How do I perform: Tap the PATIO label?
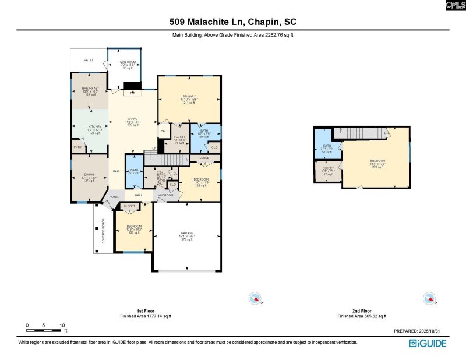(x=88, y=60)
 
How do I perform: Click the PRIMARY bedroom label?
(x=189, y=96)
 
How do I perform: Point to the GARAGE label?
(x=187, y=233)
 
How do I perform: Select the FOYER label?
(x=115, y=197)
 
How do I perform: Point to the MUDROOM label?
(x=165, y=195)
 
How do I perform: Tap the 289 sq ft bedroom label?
(x=377, y=161)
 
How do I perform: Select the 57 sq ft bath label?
(x=327, y=149)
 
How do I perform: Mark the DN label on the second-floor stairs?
(x=387, y=133)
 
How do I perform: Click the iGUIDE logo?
(x=427, y=343)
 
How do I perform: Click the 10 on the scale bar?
(x=62, y=325)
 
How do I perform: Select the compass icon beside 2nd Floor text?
(x=429, y=299)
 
